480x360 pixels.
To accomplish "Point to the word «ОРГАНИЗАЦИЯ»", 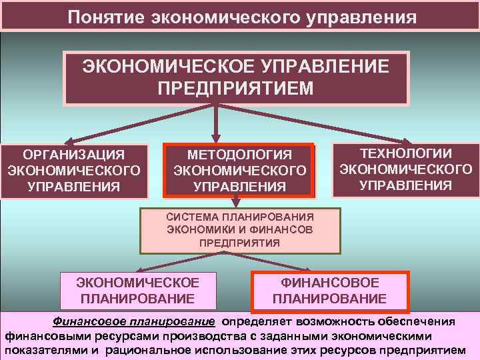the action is coord(73,155).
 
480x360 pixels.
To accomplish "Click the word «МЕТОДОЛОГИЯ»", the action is coord(239,155).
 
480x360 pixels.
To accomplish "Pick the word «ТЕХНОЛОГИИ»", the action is coord(405,153).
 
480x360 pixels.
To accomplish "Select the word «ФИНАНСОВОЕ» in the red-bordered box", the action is coord(329,283).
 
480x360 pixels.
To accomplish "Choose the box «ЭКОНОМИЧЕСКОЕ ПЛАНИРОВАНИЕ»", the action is coord(138,290).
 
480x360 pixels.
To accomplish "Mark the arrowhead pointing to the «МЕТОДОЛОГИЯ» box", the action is coord(216,137).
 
